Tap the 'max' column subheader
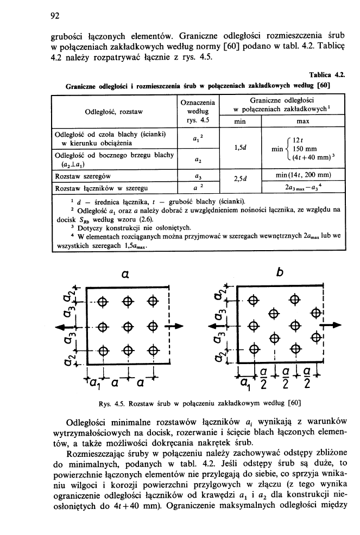pos(304,122)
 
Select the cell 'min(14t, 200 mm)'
pos(304,176)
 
